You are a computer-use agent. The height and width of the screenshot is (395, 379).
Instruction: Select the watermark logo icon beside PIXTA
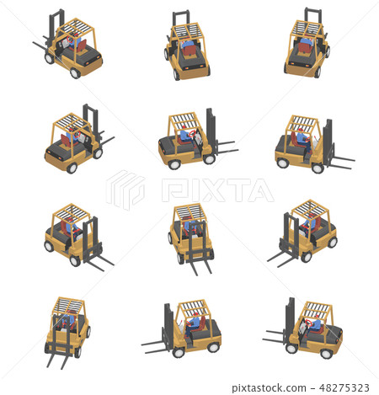point(125,189)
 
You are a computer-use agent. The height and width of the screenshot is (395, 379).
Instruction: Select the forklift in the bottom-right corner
point(312,328)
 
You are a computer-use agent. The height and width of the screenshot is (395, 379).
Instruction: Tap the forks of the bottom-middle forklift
point(157,345)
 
